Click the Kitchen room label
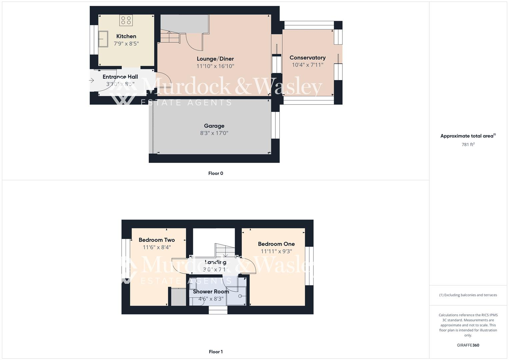pos(126,36)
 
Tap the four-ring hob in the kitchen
pos(126,20)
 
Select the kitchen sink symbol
pos(103,39)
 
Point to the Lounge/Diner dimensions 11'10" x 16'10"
pos(215,66)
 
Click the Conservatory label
pos(307,58)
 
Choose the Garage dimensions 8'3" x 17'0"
pos(214,133)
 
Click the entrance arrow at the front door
pos(92,80)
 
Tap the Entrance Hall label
pos(120,77)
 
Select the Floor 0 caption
pos(216,173)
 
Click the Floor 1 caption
pos(216,352)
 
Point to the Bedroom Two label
pos(157,240)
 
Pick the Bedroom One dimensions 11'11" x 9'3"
pos(276,251)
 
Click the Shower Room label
pos(211,291)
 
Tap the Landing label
pos(215,262)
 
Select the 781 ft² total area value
pos(468,145)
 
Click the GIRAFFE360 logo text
pos(468,345)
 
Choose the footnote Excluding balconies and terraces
pos(468,295)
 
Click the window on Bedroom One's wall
pos(309,266)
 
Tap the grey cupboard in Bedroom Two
pos(178,297)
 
